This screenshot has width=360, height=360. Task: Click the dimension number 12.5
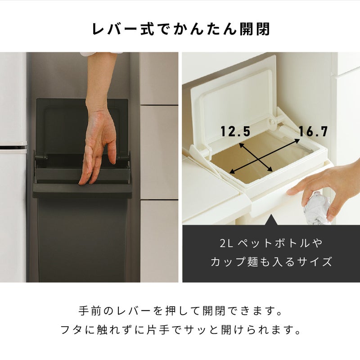click(235, 131)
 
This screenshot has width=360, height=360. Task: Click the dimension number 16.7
click(313, 131)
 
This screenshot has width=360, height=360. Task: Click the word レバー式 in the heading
click(123, 29)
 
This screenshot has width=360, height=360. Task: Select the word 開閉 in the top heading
click(255, 29)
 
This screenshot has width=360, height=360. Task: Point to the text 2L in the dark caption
click(226, 243)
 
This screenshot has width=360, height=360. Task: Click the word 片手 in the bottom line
click(158, 330)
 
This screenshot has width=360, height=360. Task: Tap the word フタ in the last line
click(72, 330)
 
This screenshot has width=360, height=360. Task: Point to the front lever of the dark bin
click(82, 190)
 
